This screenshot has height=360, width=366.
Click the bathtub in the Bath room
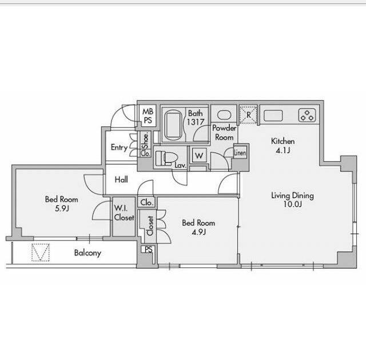pos(173,125)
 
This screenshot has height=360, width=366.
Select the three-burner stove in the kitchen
pos(307,115)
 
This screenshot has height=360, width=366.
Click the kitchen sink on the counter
pos(273,115)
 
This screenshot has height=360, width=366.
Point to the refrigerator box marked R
pos(248,115)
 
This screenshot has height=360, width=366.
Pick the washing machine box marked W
pos(199,155)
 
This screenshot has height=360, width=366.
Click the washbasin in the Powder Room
pos(224,115)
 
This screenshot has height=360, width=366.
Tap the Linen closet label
pos(240,153)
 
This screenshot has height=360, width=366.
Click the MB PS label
pos(148,116)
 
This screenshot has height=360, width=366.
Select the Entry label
pos(120,147)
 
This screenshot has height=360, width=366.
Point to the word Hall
pos(121,179)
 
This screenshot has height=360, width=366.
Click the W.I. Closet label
pos(124,213)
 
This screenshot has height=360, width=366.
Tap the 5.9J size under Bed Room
pos(62,208)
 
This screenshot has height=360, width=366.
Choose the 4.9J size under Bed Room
pos(199,232)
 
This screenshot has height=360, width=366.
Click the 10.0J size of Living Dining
pos(293,204)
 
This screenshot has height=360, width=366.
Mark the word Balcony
pos(87,253)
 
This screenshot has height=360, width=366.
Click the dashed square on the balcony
pos(41,252)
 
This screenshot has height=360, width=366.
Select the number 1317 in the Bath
pos(196,122)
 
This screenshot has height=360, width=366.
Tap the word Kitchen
pos(283,141)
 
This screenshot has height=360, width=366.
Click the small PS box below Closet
pos(148,250)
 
